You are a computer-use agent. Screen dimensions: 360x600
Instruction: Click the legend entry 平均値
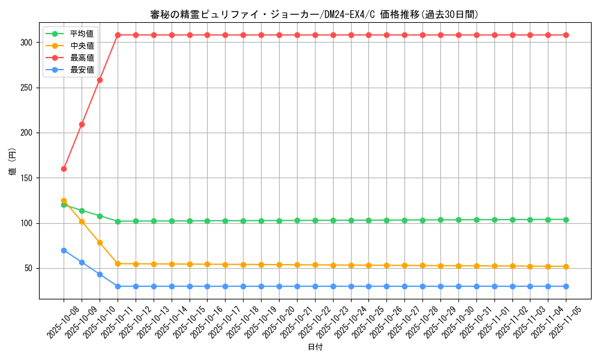tap(82, 34)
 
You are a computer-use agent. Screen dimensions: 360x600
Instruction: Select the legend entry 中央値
tap(82, 46)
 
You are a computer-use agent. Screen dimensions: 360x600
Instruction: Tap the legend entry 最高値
tap(82, 58)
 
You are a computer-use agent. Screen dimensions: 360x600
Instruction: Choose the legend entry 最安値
tap(82, 70)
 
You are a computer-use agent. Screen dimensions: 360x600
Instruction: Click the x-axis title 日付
tap(315, 347)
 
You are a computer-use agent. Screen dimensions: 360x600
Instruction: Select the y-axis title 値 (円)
tap(13, 163)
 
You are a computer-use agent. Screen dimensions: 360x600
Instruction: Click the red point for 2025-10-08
tap(64, 169)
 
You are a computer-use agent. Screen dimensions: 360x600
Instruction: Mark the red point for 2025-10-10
tap(100, 80)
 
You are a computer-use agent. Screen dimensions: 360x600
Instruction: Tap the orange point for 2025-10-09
tap(82, 222)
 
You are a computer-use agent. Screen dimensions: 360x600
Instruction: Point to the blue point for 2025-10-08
tap(64, 250)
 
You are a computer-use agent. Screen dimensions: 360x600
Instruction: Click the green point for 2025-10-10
tap(100, 216)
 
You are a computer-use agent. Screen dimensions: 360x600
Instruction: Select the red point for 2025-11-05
tap(566, 35)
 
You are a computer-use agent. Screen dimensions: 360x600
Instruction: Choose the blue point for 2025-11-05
tap(566, 286)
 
